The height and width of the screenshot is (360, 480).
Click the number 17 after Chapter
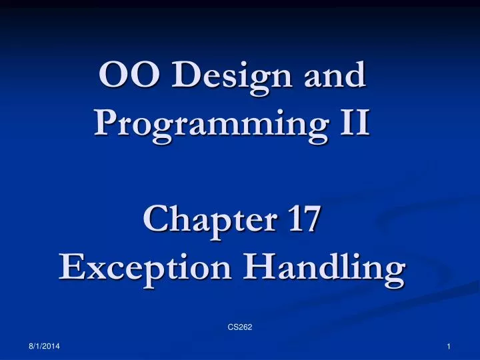click(298, 221)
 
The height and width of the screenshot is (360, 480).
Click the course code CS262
click(239, 327)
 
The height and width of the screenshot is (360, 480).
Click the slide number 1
click(450, 347)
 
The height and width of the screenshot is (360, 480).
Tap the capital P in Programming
click(107, 123)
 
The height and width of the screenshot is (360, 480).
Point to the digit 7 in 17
click(308, 221)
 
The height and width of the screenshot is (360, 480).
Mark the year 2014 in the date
click(51, 347)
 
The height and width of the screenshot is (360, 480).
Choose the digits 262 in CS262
click(244, 327)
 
